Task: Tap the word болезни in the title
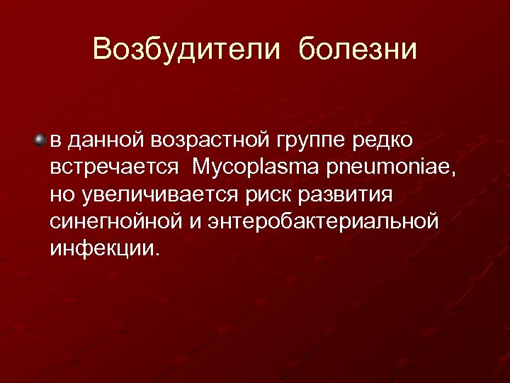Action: (x=358, y=50)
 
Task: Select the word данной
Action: (x=103, y=140)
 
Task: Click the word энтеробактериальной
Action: (x=322, y=221)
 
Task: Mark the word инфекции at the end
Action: (x=103, y=248)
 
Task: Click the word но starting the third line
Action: (x=59, y=195)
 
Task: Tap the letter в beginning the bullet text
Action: (x=55, y=141)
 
